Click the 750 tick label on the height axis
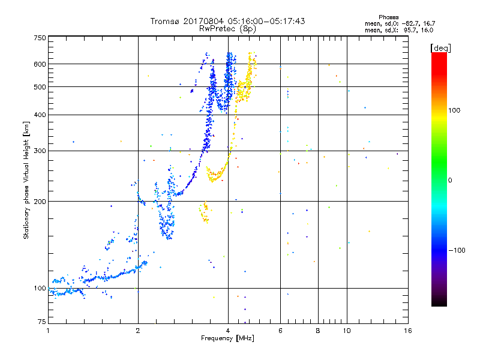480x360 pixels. [x=40, y=37]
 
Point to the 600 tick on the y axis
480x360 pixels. [x=40, y=64]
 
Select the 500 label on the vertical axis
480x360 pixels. [x=40, y=87]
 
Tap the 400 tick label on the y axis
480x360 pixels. [x=40, y=115]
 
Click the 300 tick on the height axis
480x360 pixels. [x=40, y=151]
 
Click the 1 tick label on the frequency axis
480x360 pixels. [x=48, y=331]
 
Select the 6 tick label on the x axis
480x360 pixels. [x=280, y=331]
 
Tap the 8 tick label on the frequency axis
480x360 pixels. [x=318, y=331]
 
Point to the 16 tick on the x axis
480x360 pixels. [x=407, y=331]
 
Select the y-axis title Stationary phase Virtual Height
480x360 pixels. [x=26, y=180]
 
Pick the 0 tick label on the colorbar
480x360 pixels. [x=451, y=180]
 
